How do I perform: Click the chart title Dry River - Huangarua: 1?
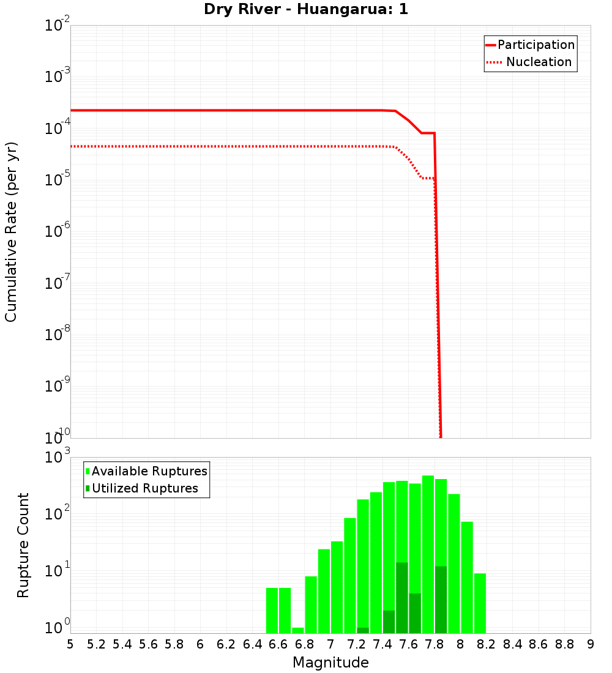[306, 10]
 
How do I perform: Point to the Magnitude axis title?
[330, 663]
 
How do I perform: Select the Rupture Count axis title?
[23, 545]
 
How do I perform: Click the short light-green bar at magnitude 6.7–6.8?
[298, 630]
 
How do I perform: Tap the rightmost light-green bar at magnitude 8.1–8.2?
[480, 603]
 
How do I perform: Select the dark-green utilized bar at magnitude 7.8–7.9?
[441, 600]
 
